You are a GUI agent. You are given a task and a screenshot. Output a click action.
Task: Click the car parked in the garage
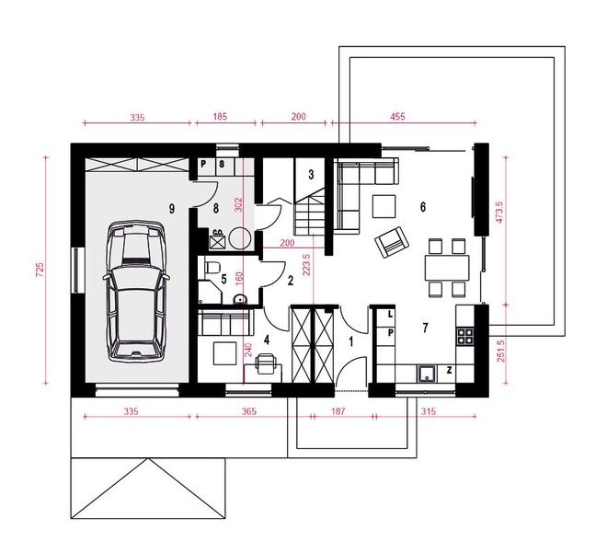(x=136, y=292)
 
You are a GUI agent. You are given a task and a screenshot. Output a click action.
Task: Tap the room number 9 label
(x=171, y=209)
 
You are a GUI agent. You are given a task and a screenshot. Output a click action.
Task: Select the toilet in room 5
(x=213, y=267)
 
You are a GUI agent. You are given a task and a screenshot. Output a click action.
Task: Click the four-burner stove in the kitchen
(x=465, y=336)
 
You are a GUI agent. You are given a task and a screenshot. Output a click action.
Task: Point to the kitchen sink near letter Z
(x=427, y=374)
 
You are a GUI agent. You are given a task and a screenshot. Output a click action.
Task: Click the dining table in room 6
(x=447, y=268)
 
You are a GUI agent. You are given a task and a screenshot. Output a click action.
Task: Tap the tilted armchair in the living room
(x=392, y=242)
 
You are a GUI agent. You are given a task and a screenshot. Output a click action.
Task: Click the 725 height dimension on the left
(x=40, y=270)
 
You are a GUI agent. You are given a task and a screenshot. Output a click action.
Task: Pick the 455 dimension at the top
(x=397, y=116)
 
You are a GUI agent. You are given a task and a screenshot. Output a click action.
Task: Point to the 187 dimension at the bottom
(x=338, y=411)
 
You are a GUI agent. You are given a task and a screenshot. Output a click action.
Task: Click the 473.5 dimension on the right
(x=499, y=212)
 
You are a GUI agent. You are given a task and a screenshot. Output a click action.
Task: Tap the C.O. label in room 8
(x=218, y=232)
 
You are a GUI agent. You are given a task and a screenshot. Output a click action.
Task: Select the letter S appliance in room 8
(x=222, y=164)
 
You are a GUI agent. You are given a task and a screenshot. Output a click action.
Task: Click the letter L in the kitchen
(x=390, y=315)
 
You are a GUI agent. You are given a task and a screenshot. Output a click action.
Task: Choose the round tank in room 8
(x=240, y=237)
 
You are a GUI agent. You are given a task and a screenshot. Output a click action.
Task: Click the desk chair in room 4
(x=266, y=363)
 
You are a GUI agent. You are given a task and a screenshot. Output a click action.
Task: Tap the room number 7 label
(x=425, y=328)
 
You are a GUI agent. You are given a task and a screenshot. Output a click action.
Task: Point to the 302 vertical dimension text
(x=239, y=205)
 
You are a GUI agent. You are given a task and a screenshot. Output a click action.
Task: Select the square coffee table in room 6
(x=384, y=206)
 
